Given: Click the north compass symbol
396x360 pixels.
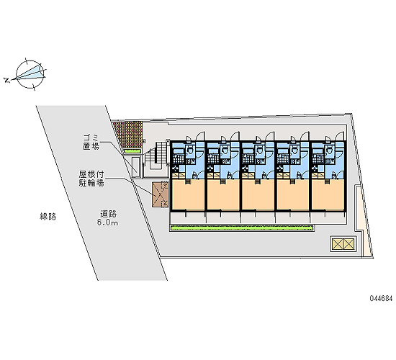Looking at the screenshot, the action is click(x=30, y=75).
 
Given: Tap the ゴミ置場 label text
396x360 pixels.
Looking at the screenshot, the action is click(x=91, y=142).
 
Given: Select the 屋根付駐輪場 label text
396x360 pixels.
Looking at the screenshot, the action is click(x=91, y=179).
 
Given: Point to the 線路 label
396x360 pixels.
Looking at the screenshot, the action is click(x=48, y=217).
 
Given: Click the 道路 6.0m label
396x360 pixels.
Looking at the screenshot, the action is click(x=108, y=218).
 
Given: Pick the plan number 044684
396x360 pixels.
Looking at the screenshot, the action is click(x=381, y=299).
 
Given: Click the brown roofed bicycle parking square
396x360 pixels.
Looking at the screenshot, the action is click(x=160, y=195).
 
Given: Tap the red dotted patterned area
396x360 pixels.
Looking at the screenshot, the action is click(x=127, y=135).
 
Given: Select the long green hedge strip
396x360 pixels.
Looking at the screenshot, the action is click(x=242, y=228).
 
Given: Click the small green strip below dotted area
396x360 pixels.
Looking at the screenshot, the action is click(x=132, y=151).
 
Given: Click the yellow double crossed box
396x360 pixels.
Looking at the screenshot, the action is click(x=343, y=244).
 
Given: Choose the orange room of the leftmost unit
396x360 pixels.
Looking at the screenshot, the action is click(x=188, y=195).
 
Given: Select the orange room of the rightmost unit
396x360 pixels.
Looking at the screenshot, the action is click(x=328, y=195).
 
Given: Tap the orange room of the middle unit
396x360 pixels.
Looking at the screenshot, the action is click(x=258, y=195).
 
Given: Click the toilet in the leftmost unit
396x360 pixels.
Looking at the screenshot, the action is click(x=189, y=150).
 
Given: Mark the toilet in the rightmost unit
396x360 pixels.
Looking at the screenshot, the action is click(x=329, y=150).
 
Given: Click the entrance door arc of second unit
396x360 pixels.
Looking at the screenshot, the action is click(x=235, y=136).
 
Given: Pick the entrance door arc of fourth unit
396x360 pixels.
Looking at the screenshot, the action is click(x=305, y=136).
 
